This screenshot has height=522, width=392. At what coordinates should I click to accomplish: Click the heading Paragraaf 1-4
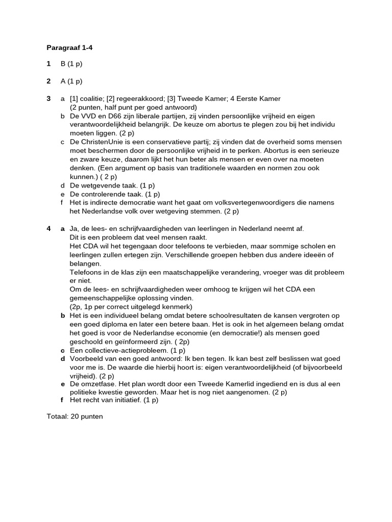[x=69, y=48]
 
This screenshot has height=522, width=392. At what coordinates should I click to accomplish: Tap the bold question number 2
[x=48, y=81]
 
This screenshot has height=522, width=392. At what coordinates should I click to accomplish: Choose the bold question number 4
[x=48, y=229]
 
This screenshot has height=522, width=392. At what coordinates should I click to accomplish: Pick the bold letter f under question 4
[x=62, y=401]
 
